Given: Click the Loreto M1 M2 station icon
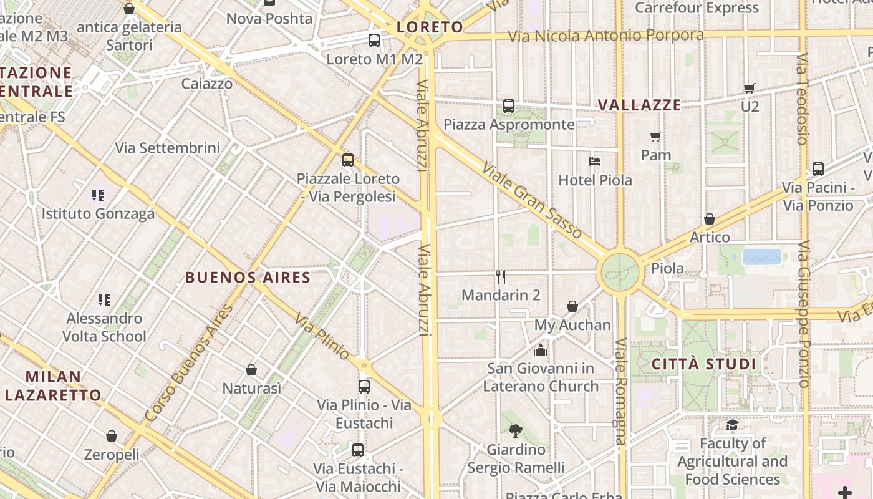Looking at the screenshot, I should tap(374, 41).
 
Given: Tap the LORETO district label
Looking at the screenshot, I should tap(430, 27).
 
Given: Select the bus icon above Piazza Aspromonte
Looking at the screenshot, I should tap(509, 106).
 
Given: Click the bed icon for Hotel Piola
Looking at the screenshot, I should tap(595, 162).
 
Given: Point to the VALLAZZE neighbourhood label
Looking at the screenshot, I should tap(639, 105).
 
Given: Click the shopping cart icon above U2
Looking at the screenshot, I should tap(750, 88).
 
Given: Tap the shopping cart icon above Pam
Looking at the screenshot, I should tap(655, 137).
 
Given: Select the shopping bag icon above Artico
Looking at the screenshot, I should tap(710, 219).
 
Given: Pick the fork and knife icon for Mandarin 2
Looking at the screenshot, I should tap(501, 276).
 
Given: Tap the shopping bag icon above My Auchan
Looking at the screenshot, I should tap(572, 306).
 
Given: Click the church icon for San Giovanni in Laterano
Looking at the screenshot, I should tap(541, 350).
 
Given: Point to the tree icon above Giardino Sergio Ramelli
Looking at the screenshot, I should tap(515, 430).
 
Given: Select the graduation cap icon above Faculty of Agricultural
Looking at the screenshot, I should tap(732, 425).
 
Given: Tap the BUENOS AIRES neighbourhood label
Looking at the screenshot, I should tap(248, 278).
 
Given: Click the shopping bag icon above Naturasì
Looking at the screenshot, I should tap(251, 370).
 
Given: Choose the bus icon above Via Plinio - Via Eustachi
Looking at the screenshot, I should tap(364, 386).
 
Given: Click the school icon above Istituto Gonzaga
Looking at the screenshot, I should tap(98, 195).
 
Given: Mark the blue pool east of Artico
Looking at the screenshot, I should tap(762, 257).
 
